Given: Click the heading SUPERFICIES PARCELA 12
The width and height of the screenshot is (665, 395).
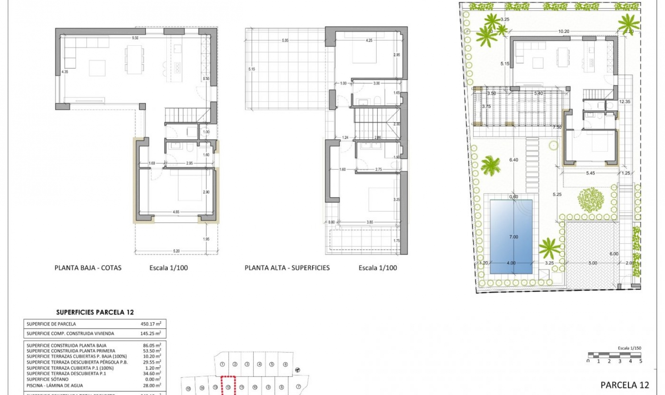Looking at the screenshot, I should click(x=95, y=312).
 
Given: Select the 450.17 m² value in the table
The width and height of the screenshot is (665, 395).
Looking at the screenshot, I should click(x=150, y=324).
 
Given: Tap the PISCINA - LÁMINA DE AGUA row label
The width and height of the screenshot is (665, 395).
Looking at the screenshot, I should click(x=55, y=385).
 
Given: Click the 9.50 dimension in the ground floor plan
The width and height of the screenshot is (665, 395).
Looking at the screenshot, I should click(x=135, y=38).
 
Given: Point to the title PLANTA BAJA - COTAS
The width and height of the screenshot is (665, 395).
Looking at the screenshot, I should click(x=88, y=268).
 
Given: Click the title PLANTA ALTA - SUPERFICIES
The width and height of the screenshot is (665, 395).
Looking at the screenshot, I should click(x=287, y=268).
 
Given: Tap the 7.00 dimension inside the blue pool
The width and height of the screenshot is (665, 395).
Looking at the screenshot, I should click(x=513, y=237).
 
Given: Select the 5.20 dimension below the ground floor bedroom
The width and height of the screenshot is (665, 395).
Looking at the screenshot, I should click(x=176, y=251).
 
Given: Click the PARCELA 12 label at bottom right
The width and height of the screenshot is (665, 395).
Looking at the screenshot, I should click(x=624, y=385).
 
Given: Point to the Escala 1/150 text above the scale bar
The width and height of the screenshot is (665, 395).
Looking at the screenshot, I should click(x=629, y=348).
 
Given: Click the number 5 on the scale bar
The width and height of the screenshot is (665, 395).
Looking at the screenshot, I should click(x=640, y=361).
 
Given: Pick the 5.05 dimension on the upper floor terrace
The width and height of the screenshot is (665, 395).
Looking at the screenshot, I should click(x=285, y=41).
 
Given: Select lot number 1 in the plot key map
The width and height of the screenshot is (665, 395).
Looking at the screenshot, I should click(x=222, y=364).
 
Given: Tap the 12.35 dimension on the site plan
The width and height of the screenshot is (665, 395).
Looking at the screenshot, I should click(x=624, y=102).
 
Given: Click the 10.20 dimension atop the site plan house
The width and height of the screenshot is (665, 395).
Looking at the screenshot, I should click(x=564, y=32).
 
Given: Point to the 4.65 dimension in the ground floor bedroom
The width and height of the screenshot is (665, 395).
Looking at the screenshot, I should click(x=176, y=212).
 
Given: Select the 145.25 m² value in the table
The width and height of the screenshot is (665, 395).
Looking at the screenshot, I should click(x=150, y=333).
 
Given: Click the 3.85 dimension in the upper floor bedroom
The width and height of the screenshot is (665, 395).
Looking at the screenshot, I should click(x=370, y=222).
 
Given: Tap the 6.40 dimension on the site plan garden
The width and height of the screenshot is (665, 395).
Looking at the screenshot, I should click(x=513, y=160).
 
